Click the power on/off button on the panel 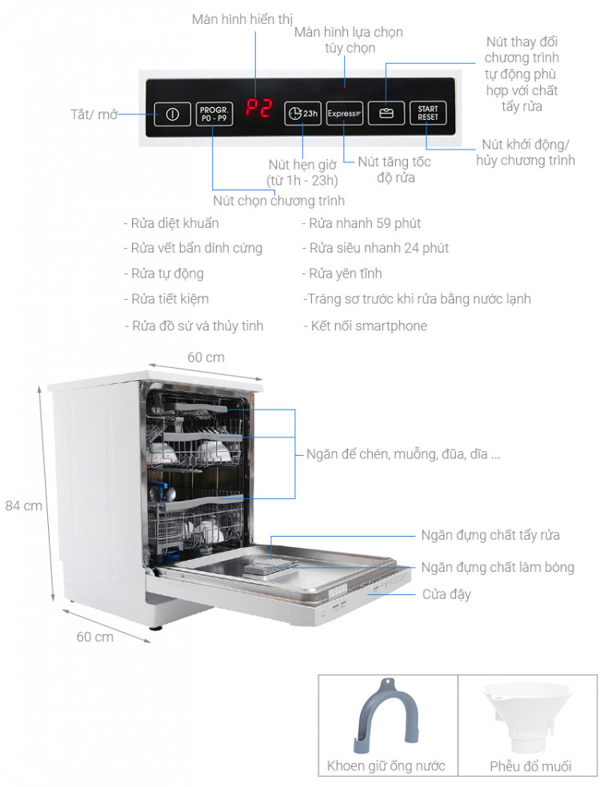pos(172,114)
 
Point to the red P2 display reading pos(258,109)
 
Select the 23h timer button pos(303,114)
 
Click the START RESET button pos(427,114)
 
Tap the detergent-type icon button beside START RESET pos(387,114)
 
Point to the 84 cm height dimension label pos(23,505)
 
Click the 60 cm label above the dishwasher pos(206,357)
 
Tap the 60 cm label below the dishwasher pos(94,637)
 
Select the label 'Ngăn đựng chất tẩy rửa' pos(490,535)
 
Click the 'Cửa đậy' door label pos(446,594)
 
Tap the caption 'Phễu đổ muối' pos(530,766)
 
